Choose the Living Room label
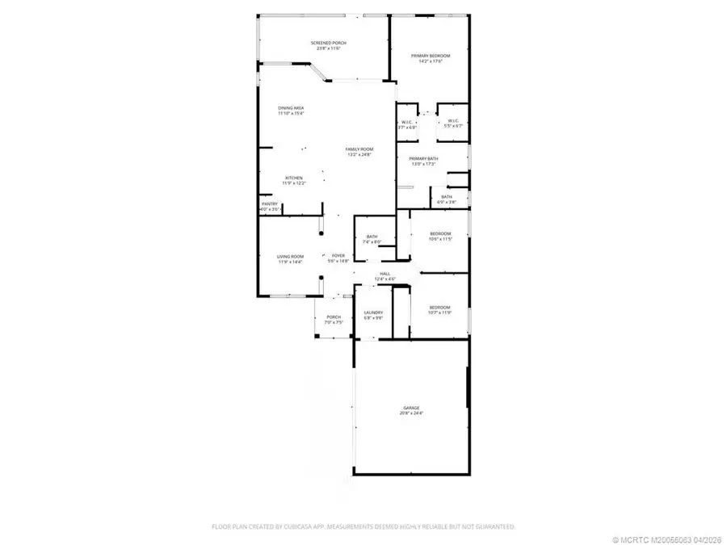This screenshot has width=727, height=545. (290, 258)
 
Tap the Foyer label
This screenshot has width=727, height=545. (338, 258)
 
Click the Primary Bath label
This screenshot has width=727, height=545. (423, 161)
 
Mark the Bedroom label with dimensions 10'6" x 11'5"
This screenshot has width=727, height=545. (439, 236)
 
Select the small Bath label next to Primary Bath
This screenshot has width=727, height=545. (447, 199)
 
